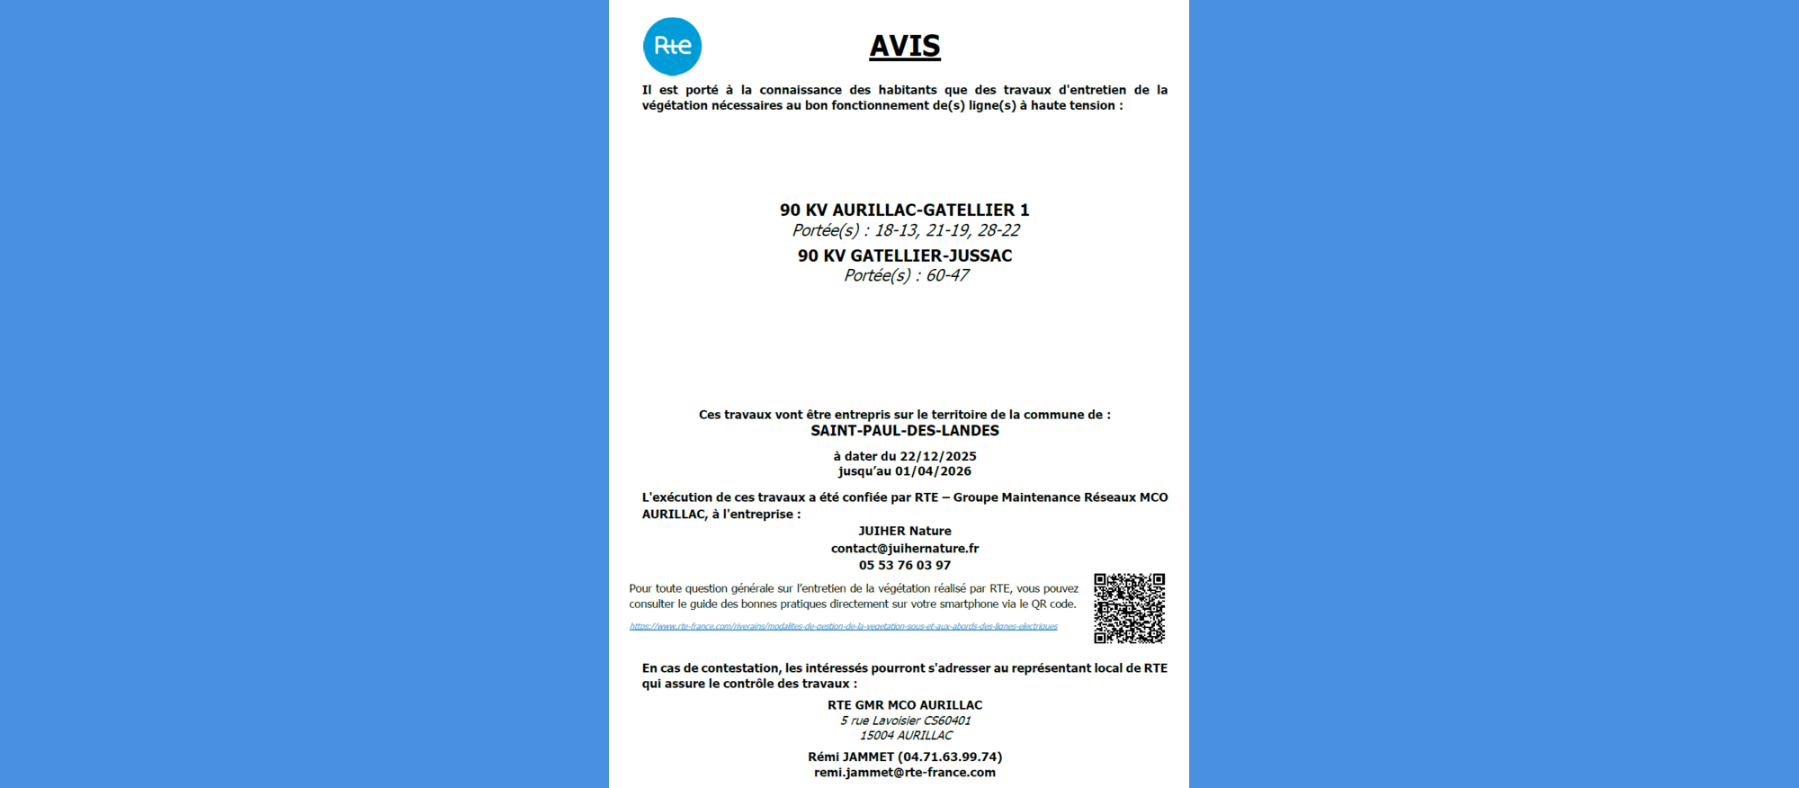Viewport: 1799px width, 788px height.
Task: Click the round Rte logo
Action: pos(672,46)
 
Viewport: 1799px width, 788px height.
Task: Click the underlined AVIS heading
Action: pos(904,46)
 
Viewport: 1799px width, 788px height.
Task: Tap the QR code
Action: pos(1129,608)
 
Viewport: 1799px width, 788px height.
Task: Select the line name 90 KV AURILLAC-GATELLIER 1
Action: pos(904,210)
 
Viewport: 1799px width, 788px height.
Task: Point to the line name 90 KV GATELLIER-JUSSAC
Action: pos(904,255)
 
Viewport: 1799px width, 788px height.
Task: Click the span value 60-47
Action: pos(947,275)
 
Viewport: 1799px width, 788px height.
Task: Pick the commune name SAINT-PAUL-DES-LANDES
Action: pos(904,431)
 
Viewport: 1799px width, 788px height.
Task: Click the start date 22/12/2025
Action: pos(938,456)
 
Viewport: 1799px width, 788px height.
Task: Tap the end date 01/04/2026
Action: pos(933,471)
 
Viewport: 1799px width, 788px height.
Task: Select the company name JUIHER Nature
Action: pos(904,531)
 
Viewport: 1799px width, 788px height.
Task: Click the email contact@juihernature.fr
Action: pos(904,548)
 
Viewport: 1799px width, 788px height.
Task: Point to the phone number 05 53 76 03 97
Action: pos(904,565)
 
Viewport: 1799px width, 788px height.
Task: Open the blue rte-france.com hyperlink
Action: pos(843,626)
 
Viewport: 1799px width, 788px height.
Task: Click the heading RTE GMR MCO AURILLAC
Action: pos(904,705)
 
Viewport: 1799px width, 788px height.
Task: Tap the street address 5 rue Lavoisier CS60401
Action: pos(905,721)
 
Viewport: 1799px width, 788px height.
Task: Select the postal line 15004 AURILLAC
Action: pos(905,735)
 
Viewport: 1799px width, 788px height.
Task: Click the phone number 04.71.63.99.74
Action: pos(950,757)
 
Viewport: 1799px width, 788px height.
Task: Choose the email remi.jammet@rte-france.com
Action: pos(904,772)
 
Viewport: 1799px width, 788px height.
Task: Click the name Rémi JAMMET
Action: pos(851,757)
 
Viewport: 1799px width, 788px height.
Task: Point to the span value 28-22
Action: pos(998,230)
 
